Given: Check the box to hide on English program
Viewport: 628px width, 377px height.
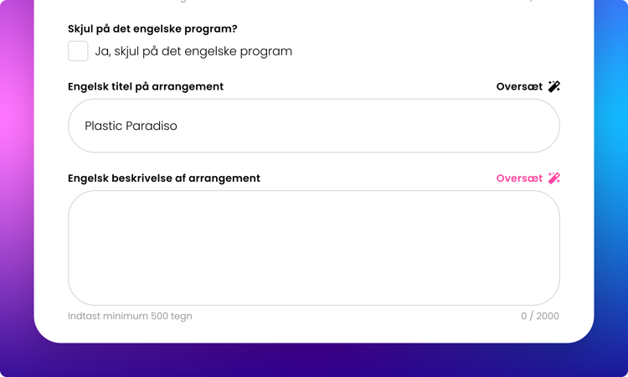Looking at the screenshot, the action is pos(78,51).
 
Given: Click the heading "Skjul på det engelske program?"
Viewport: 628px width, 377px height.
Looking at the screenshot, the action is pos(152,28).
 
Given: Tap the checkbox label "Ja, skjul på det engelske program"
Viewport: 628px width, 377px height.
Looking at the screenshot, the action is pos(193,51).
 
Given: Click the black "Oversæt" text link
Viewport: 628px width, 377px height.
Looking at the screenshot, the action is pos(519,86).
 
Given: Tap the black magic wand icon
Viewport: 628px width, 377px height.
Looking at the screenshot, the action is pos(554,86).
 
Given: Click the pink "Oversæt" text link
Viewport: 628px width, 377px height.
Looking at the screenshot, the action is pos(519,178).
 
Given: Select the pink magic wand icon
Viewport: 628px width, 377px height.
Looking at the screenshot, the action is pos(554,178).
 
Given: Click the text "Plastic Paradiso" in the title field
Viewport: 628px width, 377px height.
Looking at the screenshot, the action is pos(131,126).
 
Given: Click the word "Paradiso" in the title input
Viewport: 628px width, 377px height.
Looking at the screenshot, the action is pos(152,126).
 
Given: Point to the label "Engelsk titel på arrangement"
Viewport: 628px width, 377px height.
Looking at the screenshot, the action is pos(146,86).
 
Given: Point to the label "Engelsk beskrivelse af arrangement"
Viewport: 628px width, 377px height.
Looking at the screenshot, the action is pos(164,178).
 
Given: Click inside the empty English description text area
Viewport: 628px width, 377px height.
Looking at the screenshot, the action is pos(314,248).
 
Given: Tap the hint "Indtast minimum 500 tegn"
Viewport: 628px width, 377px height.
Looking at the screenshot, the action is pos(130,316).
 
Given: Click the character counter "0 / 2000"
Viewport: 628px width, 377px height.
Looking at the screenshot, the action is pos(540,316).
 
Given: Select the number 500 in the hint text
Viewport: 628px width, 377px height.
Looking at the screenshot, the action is pos(159,316).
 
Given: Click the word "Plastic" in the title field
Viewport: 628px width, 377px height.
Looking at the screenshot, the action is pos(103,126).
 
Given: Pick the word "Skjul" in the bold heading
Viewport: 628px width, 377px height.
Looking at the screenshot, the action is pos(80,28).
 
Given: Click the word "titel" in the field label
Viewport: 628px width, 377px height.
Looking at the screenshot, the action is pos(121,86).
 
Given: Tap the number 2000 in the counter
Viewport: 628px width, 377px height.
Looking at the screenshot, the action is pos(548,316).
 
